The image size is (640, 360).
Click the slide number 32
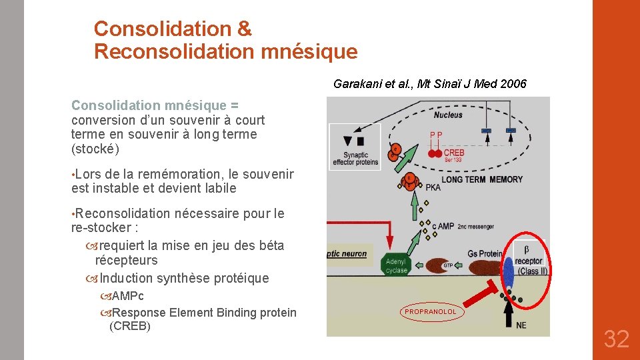(x=616, y=339)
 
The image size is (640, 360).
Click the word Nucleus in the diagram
(x=447, y=115)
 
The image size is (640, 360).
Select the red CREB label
(x=454, y=153)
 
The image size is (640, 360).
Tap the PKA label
(x=433, y=188)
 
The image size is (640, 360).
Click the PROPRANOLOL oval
(x=431, y=311)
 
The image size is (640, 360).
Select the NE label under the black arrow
(x=521, y=325)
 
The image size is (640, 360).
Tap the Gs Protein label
(x=485, y=253)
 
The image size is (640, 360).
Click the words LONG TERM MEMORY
(x=482, y=179)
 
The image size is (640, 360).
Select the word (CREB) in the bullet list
(x=129, y=326)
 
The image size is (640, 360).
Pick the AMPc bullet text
(x=127, y=296)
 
